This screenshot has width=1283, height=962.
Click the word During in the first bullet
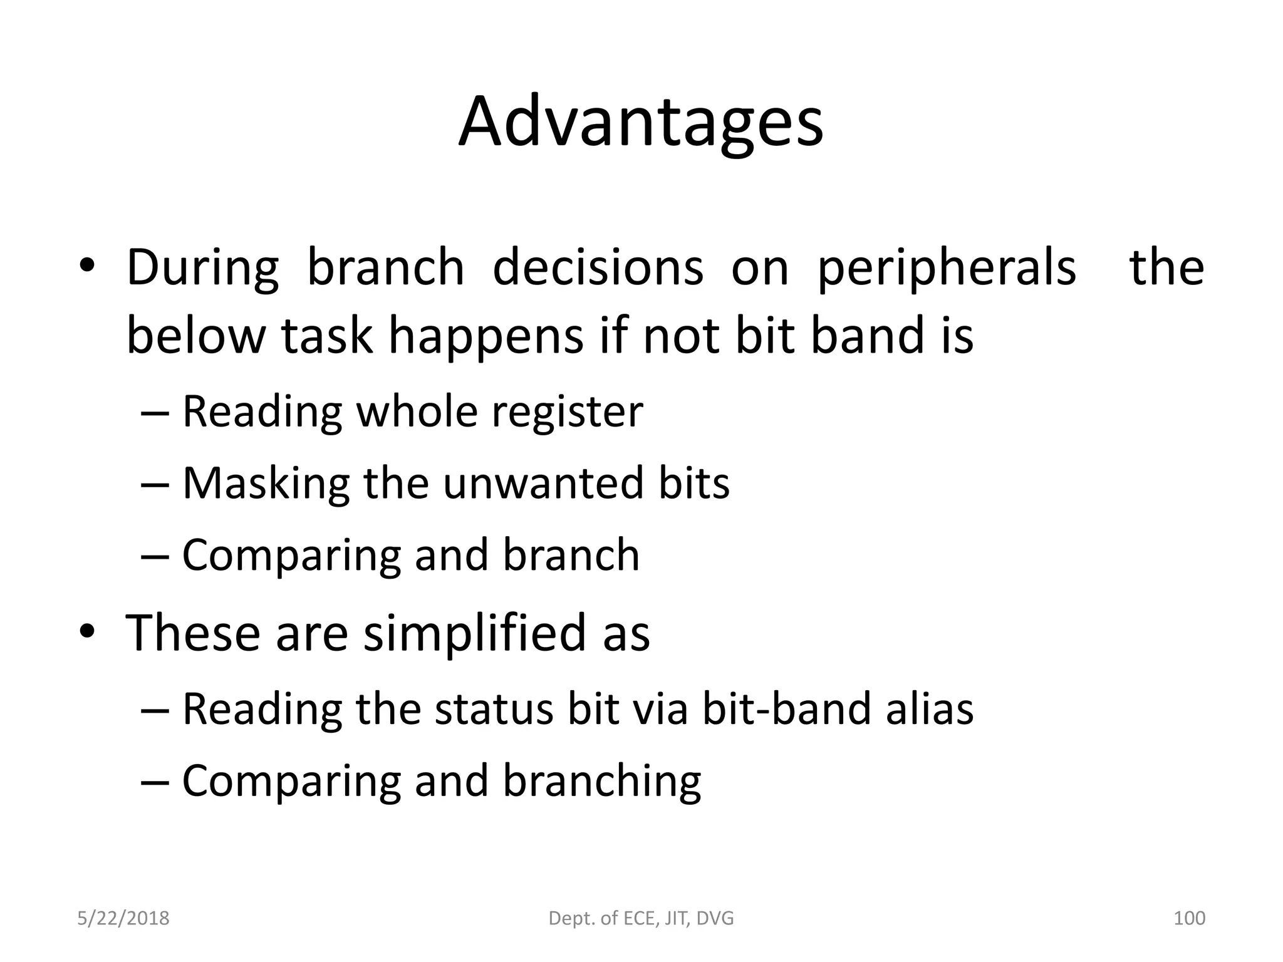click(x=202, y=268)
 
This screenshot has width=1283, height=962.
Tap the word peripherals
click(x=947, y=268)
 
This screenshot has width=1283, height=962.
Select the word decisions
click(x=598, y=268)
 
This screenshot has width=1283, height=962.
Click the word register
click(x=567, y=412)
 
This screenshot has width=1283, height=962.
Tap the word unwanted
click(x=543, y=484)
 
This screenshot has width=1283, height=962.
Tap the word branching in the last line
click(x=601, y=782)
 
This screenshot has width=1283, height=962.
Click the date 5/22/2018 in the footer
click(x=123, y=918)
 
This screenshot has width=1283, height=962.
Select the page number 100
click(x=1188, y=918)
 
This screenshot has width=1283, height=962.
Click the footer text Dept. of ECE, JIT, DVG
click(x=641, y=918)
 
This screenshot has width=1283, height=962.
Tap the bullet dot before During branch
click(x=86, y=266)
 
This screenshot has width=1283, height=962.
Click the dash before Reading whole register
click(x=155, y=413)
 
